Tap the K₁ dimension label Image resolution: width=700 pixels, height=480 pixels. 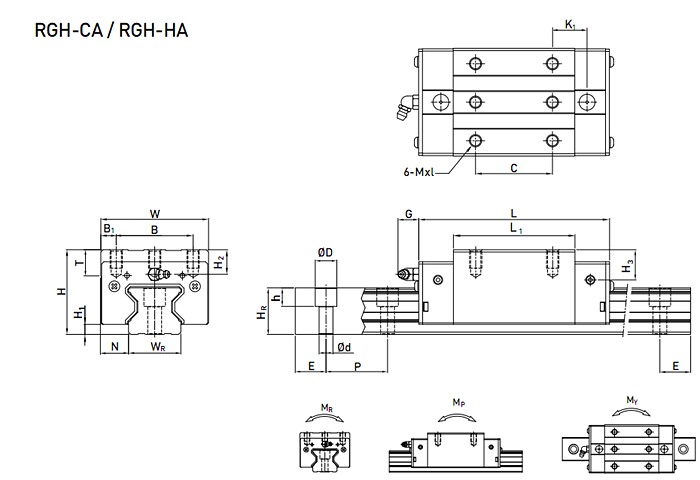coord(569,24)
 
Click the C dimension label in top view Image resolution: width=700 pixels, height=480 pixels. coord(513,168)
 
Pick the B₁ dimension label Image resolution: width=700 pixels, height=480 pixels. coord(109,229)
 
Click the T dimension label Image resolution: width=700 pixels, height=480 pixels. coord(79,263)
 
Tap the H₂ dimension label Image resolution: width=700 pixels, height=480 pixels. coord(219,261)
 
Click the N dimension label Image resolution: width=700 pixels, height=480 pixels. coord(116,346)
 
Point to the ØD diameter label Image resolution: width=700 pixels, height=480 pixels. coord(325,252)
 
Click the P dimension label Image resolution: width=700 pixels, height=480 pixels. coord(357,368)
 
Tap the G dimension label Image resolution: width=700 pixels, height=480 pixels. coord(408,214)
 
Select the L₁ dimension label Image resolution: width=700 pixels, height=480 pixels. coord(514,229)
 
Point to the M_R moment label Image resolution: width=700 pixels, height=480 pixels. coord(327,408)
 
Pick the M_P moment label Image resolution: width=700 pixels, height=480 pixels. coord(458,403)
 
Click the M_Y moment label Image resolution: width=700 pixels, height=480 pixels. coord(632,401)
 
